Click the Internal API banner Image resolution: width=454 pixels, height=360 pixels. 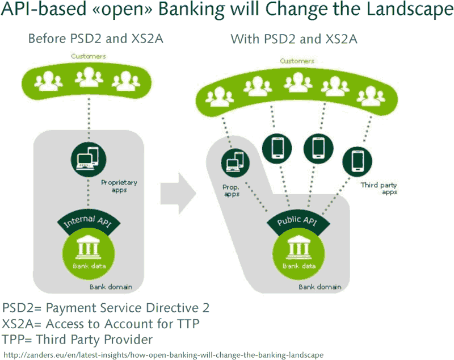pyautogui.click(x=89, y=222)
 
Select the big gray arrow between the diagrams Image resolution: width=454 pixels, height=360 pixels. pyautogui.click(x=178, y=194)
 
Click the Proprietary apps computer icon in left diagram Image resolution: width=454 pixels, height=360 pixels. pyautogui.click(x=89, y=160)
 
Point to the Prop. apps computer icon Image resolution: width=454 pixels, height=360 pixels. pyautogui.click(x=235, y=163)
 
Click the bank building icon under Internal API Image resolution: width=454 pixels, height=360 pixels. pyautogui.click(x=88, y=249)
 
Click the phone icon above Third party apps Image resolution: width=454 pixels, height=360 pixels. pyautogui.click(x=358, y=162)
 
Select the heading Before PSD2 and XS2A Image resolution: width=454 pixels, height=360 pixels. pyautogui.click(x=96, y=39)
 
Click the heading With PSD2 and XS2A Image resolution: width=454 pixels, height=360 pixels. pyautogui.click(x=294, y=39)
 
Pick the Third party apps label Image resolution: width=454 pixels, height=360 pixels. pyautogui.click(x=379, y=189)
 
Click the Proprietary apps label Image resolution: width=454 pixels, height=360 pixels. pyautogui.click(x=119, y=186)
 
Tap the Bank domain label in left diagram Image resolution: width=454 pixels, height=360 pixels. pyautogui.click(x=111, y=287)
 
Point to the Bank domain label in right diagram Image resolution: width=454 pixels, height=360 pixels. pyautogui.click(x=320, y=287)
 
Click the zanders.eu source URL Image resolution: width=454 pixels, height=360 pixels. pyautogui.click(x=163, y=355)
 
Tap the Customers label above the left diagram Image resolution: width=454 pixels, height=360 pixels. pyautogui.click(x=89, y=56)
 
